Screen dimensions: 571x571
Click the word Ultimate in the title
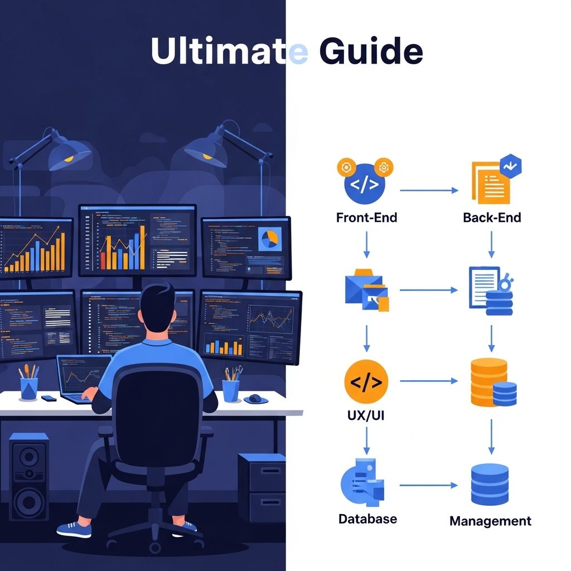[229, 51]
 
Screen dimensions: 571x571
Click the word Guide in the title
[371, 51]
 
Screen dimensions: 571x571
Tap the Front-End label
[366, 217]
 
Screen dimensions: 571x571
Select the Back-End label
[492, 217]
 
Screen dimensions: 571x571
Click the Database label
[367, 519]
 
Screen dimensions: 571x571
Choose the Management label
[490, 521]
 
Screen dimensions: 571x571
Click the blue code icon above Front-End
[365, 183]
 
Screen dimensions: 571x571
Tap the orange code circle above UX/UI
[366, 381]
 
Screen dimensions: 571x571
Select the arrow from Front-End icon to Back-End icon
[428, 191]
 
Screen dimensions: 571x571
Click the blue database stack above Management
[490, 484]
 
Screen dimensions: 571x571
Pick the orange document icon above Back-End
[491, 182]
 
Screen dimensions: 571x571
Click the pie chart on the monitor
[270, 239]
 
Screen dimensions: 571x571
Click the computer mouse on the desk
[255, 399]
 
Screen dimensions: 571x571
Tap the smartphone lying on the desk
[49, 398]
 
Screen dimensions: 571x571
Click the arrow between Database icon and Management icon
[428, 485]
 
